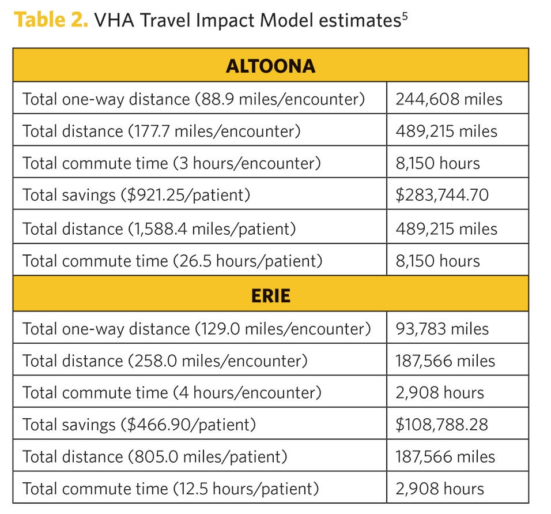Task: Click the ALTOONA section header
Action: click(270, 66)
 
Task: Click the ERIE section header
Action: click(270, 295)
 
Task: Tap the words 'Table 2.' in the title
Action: click(51, 21)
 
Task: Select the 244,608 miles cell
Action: click(448, 99)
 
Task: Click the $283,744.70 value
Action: click(441, 195)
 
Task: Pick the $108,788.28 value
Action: click(441, 425)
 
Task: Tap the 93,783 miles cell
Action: click(441, 329)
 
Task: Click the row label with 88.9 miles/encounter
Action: click(194, 99)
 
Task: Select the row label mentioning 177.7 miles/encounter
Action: click(161, 131)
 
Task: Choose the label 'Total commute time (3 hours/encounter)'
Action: click(172, 163)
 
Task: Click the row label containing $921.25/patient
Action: click(137, 195)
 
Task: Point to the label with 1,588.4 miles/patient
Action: click(159, 228)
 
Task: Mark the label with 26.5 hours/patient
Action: click(172, 261)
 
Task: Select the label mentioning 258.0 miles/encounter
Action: click(165, 361)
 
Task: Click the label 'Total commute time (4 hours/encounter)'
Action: click(172, 393)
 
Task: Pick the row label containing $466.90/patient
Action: click(139, 425)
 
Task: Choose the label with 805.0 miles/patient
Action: click(154, 457)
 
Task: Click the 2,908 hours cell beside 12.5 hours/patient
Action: click(439, 489)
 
